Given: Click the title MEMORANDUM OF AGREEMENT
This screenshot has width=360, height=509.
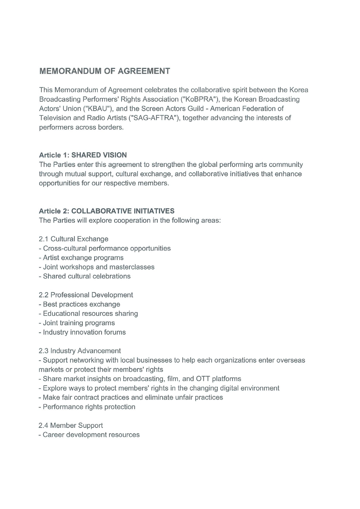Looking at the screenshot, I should pos(105,71).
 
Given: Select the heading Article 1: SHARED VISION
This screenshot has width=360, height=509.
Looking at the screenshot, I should pos(83,155).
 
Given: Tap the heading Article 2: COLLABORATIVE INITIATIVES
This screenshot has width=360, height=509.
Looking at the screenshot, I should pos(107,211).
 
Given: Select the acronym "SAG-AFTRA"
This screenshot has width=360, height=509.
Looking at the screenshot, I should pos(155,118).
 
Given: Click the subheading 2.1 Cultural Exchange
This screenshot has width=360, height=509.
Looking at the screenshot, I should pos(74,239).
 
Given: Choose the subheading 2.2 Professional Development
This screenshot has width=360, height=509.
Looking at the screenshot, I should pos(86,295).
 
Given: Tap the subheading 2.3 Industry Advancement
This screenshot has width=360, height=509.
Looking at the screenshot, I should pos(80,351).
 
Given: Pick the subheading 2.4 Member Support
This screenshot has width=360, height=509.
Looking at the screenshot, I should pos(71,425).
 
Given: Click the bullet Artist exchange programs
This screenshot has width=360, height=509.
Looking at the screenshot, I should pos(83,258).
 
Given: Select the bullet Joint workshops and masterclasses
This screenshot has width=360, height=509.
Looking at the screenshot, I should pos(99,267).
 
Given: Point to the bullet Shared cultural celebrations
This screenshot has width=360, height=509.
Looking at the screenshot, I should pos(86,276).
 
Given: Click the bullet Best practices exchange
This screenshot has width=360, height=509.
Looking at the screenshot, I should pos(81,304).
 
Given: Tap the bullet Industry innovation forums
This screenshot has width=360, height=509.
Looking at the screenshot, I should pos(84,332).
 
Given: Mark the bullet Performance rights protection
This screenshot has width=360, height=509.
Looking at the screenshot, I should pos(89,407).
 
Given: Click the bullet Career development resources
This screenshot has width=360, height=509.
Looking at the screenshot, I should pos(91,435).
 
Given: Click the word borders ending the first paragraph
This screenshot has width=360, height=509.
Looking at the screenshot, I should pos(111,127).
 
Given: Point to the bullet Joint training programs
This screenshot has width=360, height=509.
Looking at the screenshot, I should pos(79,323).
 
